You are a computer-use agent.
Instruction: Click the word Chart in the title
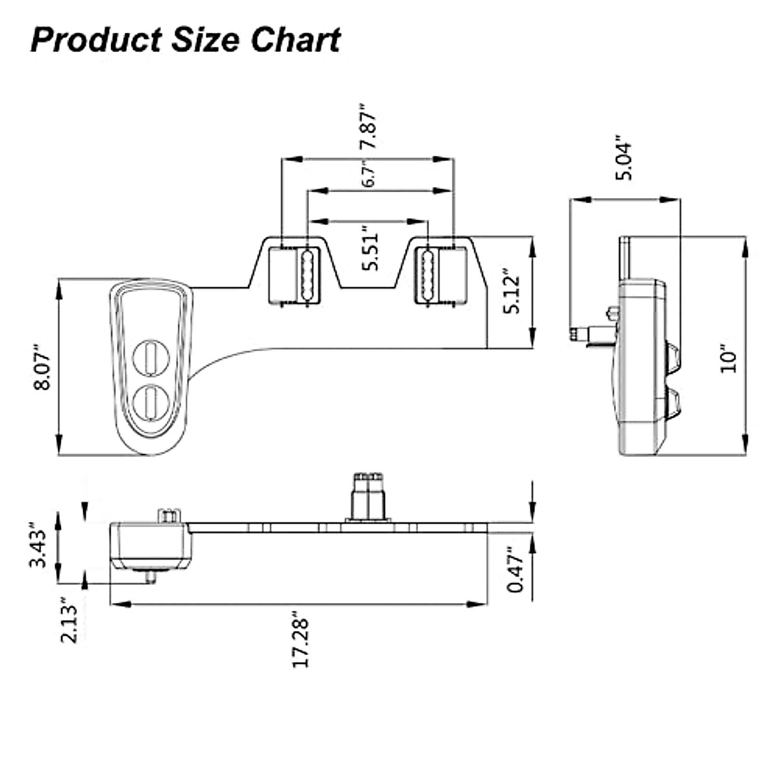coord(295,40)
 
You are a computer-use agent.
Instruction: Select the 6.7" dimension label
coord(368,175)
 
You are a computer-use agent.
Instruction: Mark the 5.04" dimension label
coord(624,158)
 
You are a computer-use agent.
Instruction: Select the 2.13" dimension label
coord(69,621)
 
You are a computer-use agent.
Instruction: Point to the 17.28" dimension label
coord(301,639)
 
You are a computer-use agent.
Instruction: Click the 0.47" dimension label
coord(515,569)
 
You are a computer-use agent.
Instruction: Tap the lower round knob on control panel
coord(151,402)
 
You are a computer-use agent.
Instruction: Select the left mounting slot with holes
coord(306,275)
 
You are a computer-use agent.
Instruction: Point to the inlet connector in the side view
coord(587,333)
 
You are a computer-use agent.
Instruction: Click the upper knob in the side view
coord(673,358)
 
